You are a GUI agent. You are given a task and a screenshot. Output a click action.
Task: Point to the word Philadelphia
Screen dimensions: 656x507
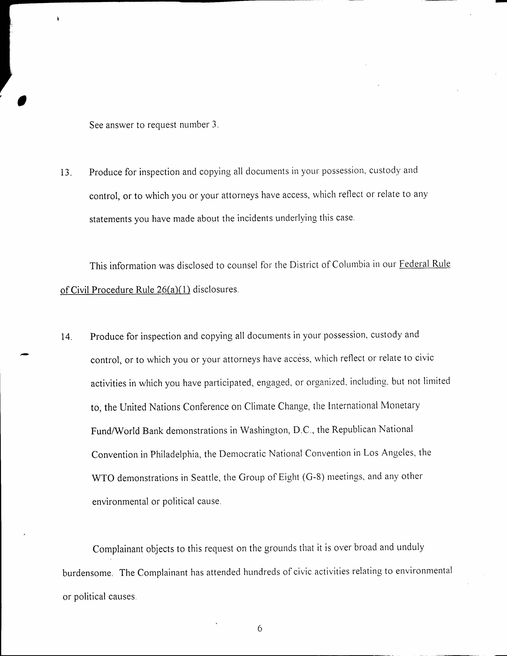point(176,454)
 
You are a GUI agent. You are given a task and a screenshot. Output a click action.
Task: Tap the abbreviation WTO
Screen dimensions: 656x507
point(103,478)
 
